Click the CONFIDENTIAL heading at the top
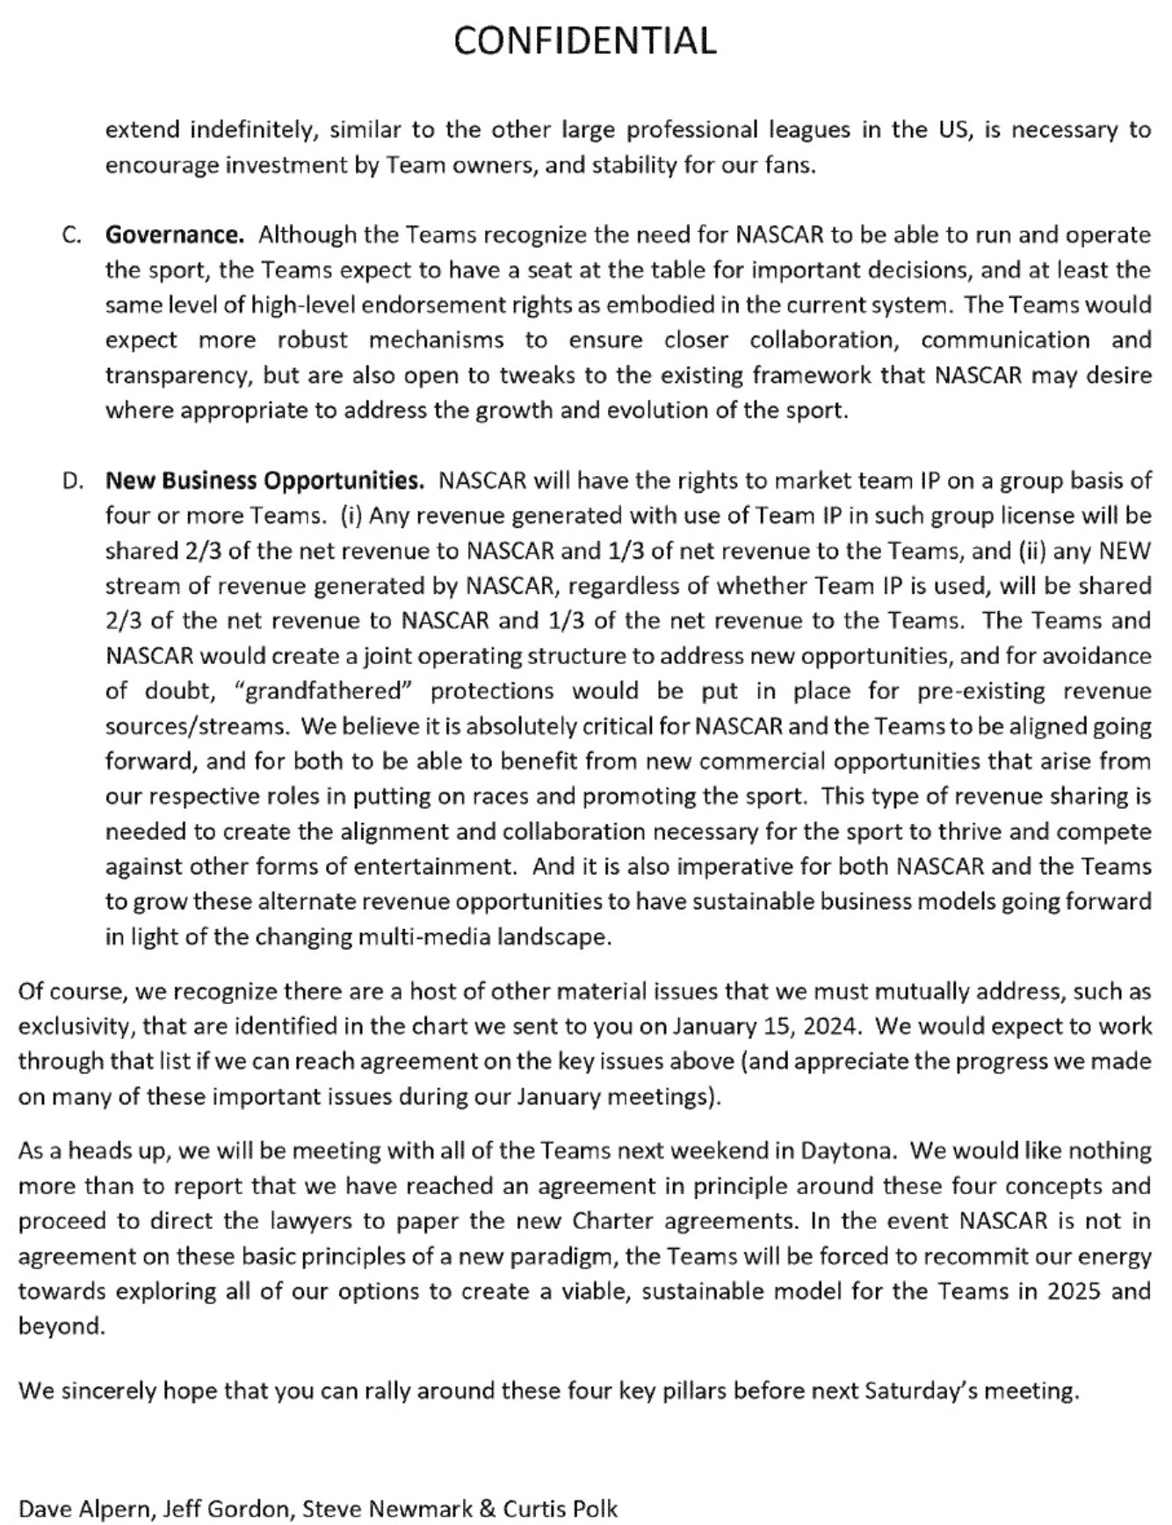[x=585, y=40]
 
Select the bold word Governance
[x=174, y=235]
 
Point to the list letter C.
[x=72, y=235]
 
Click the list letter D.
[x=73, y=481]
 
